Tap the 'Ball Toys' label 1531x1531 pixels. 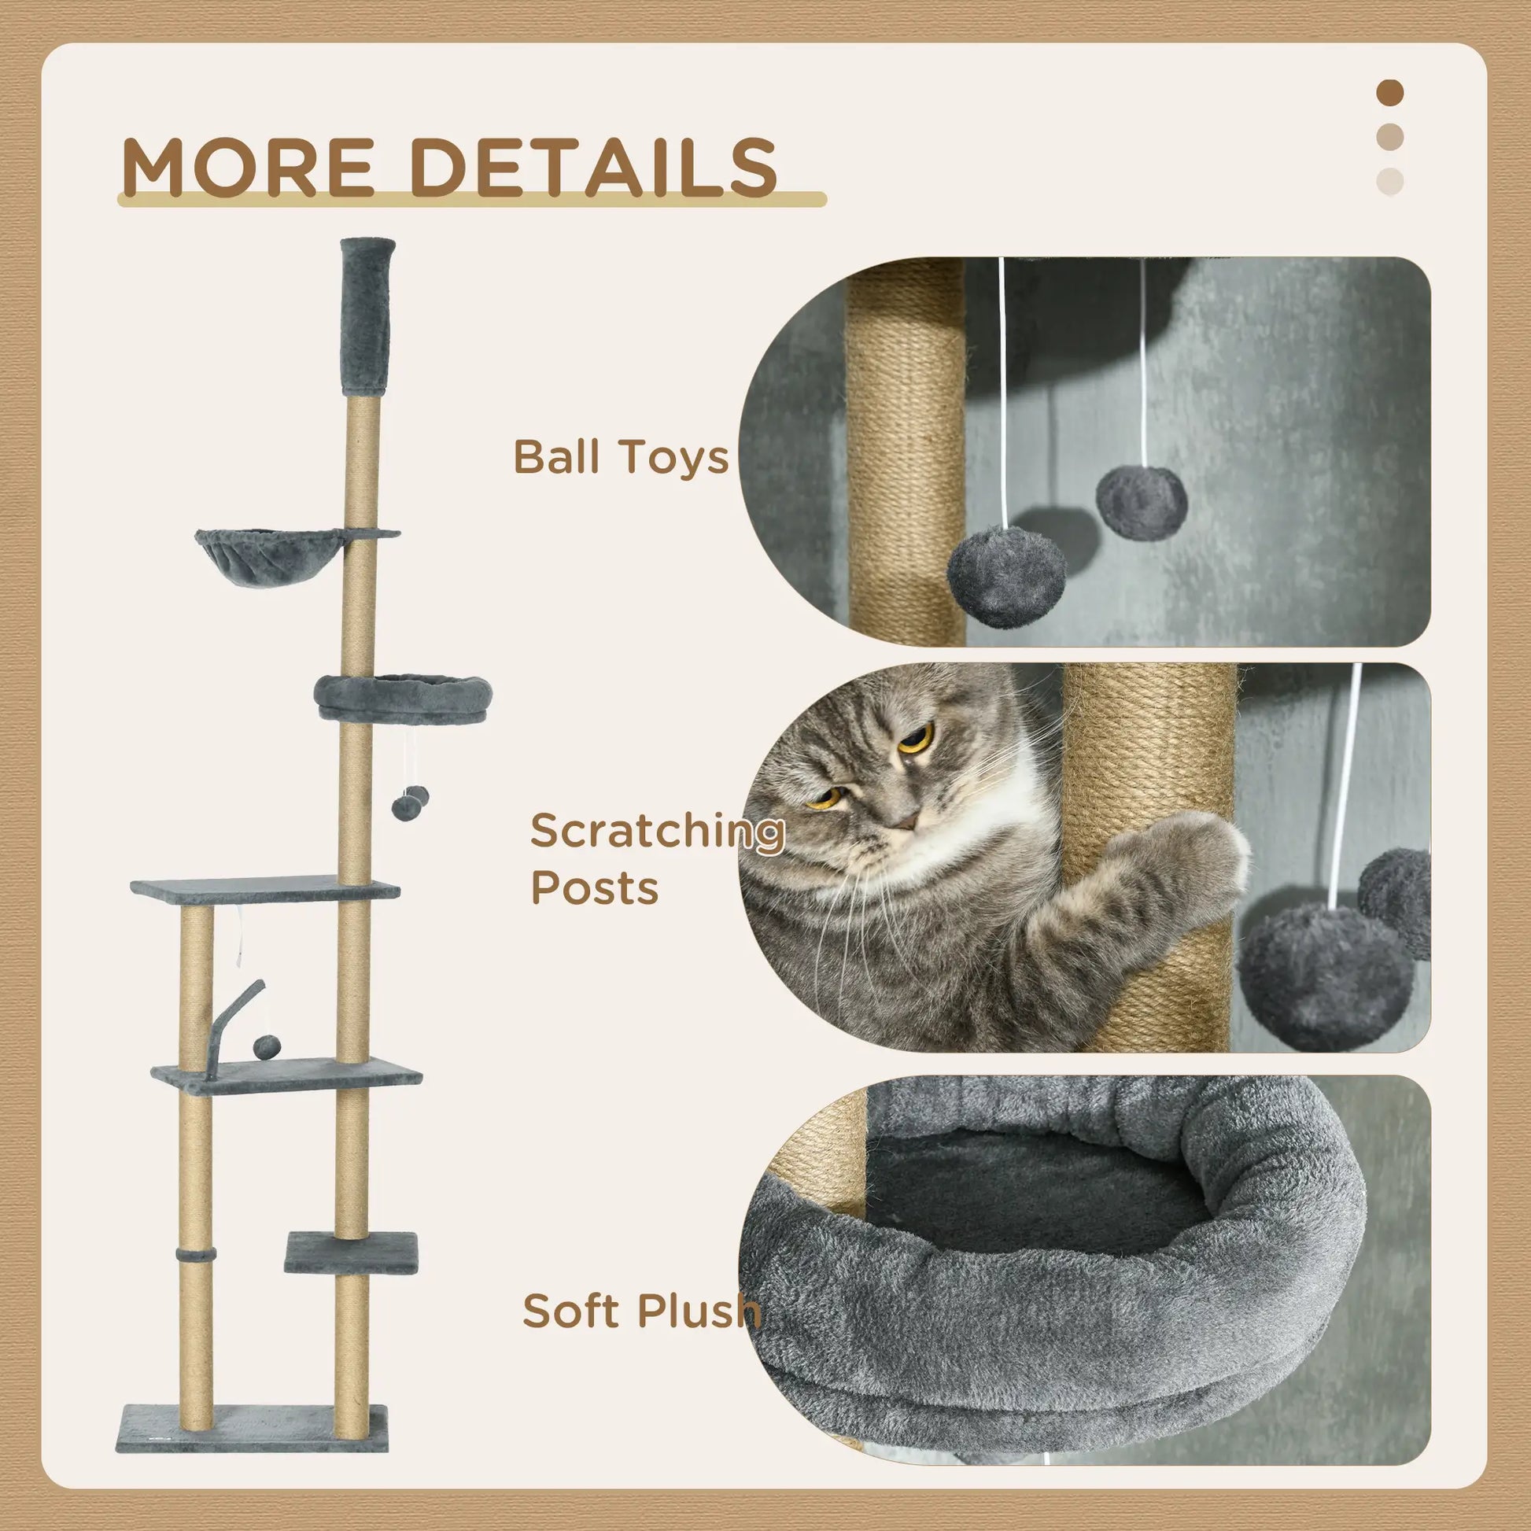click(x=621, y=457)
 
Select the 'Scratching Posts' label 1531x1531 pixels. click(x=656, y=858)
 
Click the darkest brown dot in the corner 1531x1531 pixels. click(x=1390, y=93)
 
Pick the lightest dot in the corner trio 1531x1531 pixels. click(x=1390, y=182)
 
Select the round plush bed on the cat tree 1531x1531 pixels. click(x=403, y=695)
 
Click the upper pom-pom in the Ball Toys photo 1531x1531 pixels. click(x=1141, y=501)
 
